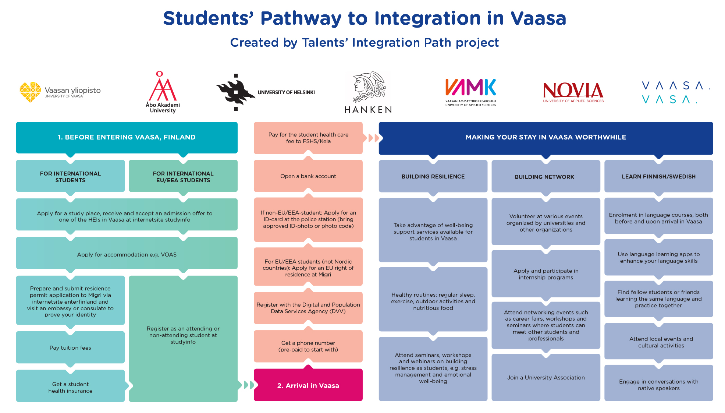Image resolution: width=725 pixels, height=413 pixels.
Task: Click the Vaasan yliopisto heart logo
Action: (30, 92)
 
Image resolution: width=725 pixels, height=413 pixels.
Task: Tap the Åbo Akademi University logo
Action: (163, 92)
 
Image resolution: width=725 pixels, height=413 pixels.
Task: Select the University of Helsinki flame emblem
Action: (236, 92)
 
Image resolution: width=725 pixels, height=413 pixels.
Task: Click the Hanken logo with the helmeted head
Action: (368, 92)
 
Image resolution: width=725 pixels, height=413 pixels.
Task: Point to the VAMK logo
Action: (470, 92)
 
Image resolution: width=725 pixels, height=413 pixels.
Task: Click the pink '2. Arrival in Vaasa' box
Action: (308, 385)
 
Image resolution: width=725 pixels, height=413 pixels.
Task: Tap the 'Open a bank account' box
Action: (308, 176)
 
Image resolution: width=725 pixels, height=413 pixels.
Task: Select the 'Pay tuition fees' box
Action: (70, 347)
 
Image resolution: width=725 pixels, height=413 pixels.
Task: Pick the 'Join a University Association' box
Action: (546, 377)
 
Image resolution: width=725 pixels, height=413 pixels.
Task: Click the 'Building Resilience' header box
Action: (433, 176)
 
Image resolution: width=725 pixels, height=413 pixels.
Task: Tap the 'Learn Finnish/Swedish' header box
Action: (658, 176)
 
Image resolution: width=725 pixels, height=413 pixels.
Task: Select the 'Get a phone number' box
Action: (308, 346)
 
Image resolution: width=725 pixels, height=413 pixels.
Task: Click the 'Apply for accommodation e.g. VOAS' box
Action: (127, 254)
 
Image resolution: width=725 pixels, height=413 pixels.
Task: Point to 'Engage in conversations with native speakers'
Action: (658, 385)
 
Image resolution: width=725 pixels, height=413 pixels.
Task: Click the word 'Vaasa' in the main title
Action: (538, 18)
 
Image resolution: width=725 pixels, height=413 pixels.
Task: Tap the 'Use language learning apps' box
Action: (658, 257)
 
